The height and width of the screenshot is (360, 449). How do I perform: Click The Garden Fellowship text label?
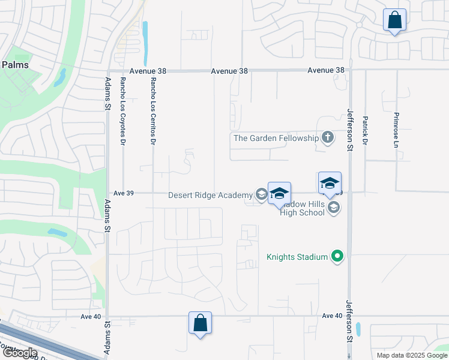pyautogui.click(x=276, y=138)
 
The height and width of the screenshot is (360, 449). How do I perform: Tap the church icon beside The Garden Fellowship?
pyautogui.click(x=327, y=138)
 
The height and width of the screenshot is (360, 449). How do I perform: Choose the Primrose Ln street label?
pyautogui.click(x=396, y=130)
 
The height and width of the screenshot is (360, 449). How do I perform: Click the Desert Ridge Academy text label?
pyautogui.click(x=210, y=195)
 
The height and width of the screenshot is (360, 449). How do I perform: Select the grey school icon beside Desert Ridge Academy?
pyautogui.click(x=261, y=194)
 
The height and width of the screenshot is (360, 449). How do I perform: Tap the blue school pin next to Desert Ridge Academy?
pyautogui.click(x=279, y=194)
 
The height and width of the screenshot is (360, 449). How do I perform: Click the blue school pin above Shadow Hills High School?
pyautogui.click(x=330, y=183)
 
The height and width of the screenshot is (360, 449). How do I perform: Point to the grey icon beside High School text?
pyautogui.click(x=334, y=208)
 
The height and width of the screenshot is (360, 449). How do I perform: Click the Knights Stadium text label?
pyautogui.click(x=297, y=257)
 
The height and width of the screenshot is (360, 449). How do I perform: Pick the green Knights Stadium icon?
pyautogui.click(x=338, y=257)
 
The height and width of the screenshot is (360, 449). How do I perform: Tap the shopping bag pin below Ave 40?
pyautogui.click(x=200, y=323)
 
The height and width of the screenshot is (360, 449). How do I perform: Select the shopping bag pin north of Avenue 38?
pyautogui.click(x=395, y=20)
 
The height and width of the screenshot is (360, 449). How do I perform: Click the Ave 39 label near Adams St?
pyautogui.click(x=123, y=193)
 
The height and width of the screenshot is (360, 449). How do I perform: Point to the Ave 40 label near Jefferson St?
pyautogui.click(x=332, y=316)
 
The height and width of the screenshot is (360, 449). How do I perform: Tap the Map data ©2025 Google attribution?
pyautogui.click(x=412, y=355)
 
